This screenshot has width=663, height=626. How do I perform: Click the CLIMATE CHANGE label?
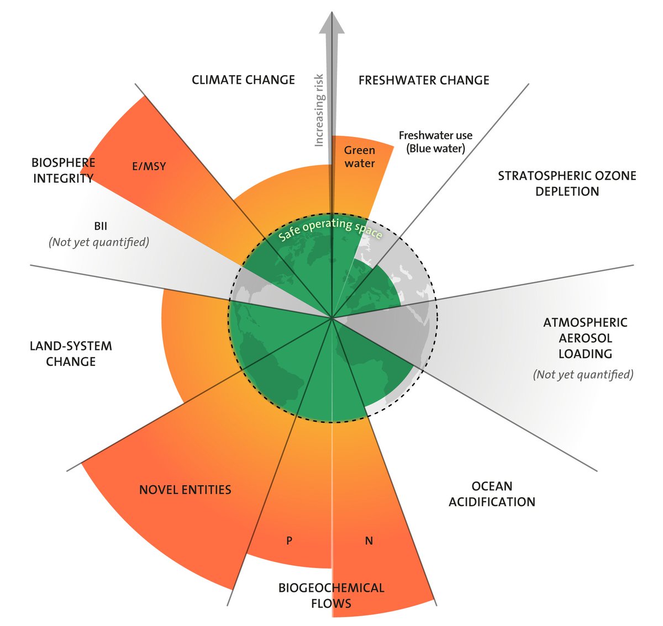[243, 80]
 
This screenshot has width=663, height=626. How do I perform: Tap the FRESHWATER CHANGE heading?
[424, 81]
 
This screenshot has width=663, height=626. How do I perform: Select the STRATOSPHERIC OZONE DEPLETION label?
[567, 184]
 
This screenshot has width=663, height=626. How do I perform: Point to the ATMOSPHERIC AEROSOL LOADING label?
[585, 338]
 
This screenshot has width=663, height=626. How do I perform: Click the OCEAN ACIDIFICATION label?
[492, 494]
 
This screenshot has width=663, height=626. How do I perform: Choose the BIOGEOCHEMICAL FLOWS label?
[331, 595]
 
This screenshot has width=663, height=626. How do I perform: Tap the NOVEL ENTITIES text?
[185, 490]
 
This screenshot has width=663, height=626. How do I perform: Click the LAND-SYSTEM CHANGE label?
[71, 354]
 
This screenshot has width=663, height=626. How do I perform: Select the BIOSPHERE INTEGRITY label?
[63, 171]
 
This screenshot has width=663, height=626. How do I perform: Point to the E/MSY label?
[149, 166]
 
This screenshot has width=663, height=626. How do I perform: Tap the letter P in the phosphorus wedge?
[289, 541]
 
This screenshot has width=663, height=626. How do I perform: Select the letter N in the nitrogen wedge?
[369, 541]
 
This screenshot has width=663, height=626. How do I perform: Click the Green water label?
[360, 157]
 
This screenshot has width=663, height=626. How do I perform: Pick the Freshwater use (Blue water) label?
[435, 142]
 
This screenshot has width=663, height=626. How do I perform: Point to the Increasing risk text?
[319, 110]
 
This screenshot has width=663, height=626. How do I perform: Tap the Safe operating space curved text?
[330, 229]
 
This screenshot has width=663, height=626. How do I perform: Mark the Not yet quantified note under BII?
[99, 242]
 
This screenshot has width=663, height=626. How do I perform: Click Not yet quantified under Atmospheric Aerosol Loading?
[583, 374]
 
